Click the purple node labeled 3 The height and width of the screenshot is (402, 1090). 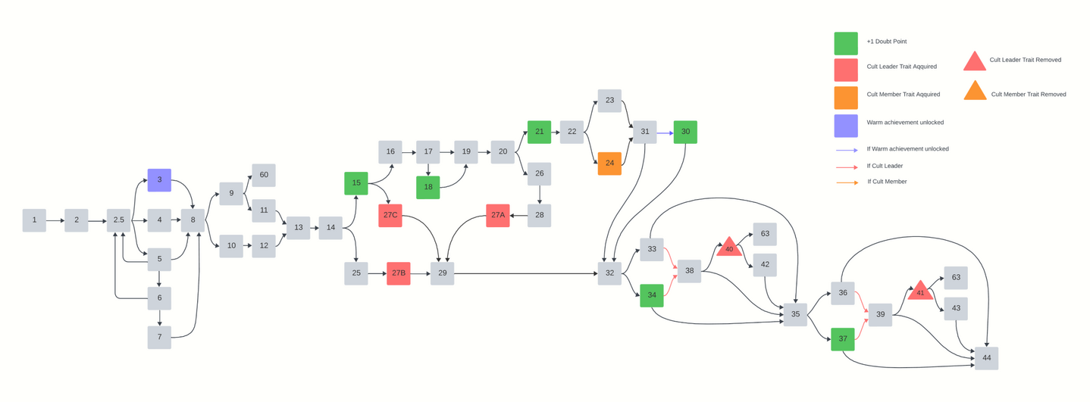point(159,180)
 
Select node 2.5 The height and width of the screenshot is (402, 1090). point(118,220)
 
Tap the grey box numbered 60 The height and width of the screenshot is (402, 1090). point(264,175)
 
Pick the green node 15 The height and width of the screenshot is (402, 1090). point(356,183)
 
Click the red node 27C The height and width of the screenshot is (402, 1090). point(390,216)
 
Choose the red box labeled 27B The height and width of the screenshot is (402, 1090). point(399,273)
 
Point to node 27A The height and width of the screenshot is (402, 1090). point(498,216)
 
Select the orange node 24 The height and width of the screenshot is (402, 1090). point(609,164)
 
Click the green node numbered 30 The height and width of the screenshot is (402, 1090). point(685,132)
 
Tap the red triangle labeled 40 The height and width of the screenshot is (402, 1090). point(729,248)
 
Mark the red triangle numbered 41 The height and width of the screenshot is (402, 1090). point(920,291)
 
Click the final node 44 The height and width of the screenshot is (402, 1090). point(986,358)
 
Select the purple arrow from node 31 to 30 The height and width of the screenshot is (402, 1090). point(664,132)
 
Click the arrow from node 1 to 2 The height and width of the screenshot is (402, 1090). point(55,220)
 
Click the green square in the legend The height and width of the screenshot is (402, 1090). point(846,43)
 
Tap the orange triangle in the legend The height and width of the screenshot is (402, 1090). point(975,92)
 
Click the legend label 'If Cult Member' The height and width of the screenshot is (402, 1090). point(887,182)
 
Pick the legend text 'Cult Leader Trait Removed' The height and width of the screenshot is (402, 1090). point(1025,60)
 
